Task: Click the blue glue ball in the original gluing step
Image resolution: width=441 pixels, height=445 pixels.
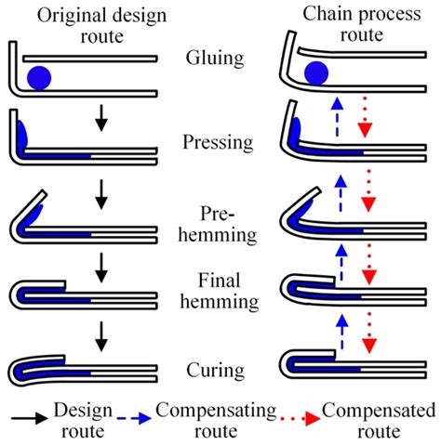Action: (x=40, y=76)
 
